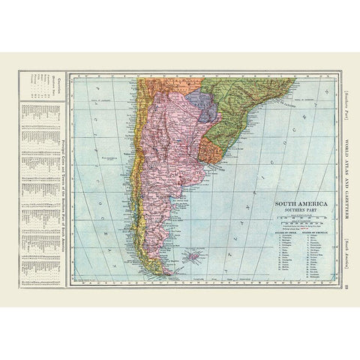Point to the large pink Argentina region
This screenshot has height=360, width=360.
tap(176, 150)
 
